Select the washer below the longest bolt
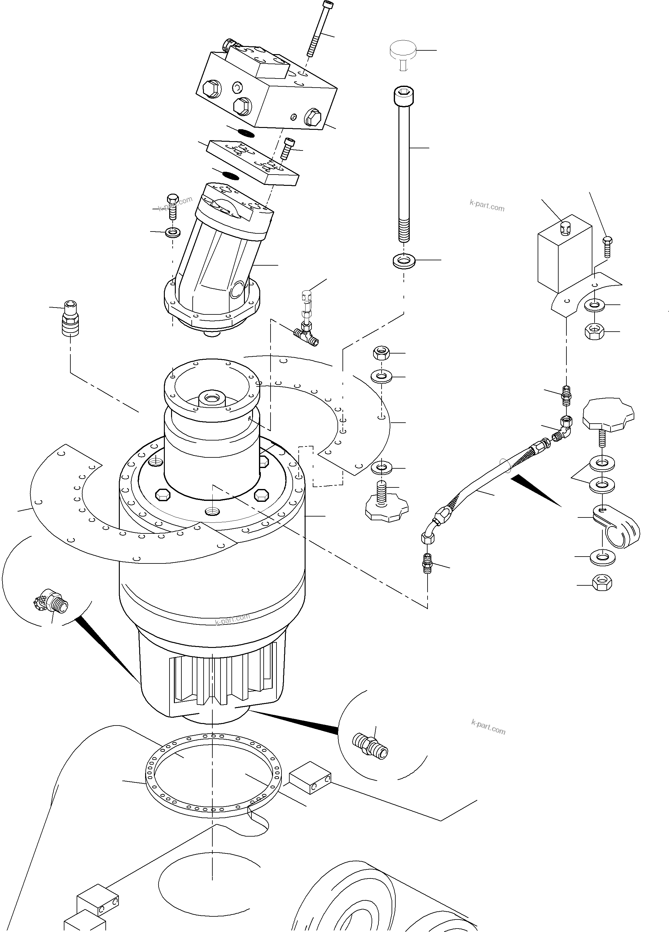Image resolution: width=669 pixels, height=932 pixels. (404, 261)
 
